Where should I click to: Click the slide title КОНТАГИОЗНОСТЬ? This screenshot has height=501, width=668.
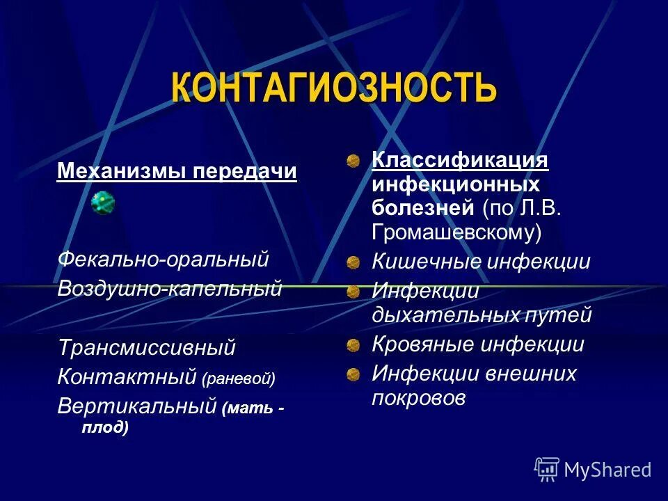[x=334, y=88]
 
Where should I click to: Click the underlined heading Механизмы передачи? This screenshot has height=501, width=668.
[x=177, y=171]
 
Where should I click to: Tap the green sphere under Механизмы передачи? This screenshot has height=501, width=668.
[x=103, y=203]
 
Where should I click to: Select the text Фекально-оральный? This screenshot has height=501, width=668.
[x=163, y=260]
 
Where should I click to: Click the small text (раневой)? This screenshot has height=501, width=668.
[x=239, y=379]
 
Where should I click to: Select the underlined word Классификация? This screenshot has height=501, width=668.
[x=460, y=161]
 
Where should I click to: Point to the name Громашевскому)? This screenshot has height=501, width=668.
[x=456, y=232]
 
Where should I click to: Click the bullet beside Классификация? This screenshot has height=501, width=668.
[x=353, y=161]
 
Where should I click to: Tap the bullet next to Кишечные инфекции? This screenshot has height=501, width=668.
[x=353, y=262]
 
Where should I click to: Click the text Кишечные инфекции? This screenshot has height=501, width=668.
[x=481, y=262]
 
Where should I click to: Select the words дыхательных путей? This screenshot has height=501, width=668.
[x=482, y=315]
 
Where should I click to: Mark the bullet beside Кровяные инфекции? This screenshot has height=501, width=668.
[x=353, y=345]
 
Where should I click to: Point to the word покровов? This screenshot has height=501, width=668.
[x=418, y=398]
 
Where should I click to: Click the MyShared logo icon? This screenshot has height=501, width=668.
[x=547, y=469]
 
